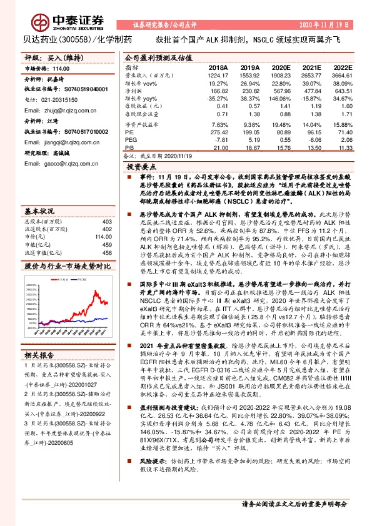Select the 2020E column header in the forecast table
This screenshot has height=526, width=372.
(x=281, y=67)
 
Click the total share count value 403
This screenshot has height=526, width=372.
(x=106, y=204)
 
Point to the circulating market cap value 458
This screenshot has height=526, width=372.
(x=106, y=234)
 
